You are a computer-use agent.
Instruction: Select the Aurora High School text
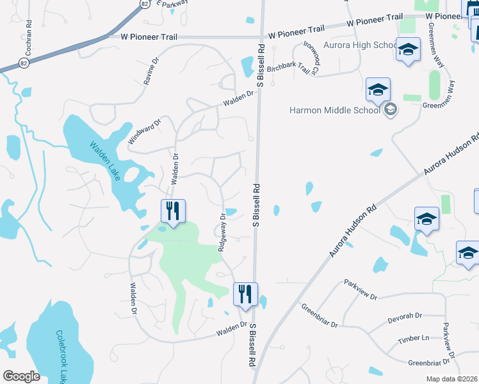click(x=352, y=45)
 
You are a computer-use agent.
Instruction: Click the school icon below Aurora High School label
click(x=407, y=51)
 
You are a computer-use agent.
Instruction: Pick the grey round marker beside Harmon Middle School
click(x=390, y=109)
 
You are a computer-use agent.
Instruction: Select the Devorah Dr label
click(x=405, y=317)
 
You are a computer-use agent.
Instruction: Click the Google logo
click(x=22, y=376)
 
